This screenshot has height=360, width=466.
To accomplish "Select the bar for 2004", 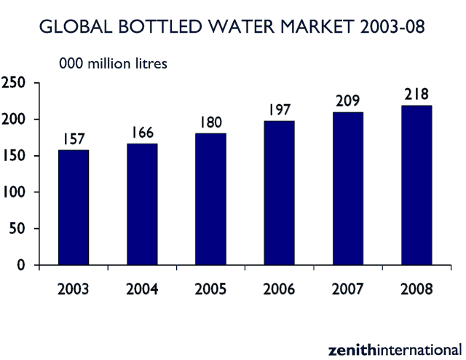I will (142, 205).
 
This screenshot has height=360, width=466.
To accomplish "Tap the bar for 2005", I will (210, 200).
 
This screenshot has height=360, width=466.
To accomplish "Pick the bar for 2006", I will (279, 193).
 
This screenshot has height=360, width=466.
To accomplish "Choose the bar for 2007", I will (347, 189).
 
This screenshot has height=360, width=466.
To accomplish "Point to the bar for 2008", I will (416, 186).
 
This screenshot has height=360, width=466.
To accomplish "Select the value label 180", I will (210, 122).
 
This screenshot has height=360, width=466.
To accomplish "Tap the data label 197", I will (279, 109).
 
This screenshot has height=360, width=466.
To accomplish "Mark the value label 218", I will (416, 94).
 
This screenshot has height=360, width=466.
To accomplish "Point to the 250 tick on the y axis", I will (15, 83).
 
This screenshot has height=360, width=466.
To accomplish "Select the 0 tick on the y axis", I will (23, 265).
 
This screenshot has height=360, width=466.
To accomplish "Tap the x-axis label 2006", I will (279, 289).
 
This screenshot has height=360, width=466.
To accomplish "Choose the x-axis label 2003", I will (74, 289).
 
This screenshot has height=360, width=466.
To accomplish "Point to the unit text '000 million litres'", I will (114, 63).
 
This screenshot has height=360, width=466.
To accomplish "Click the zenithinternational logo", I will (394, 348).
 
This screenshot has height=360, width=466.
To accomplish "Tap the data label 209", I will (347, 101).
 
